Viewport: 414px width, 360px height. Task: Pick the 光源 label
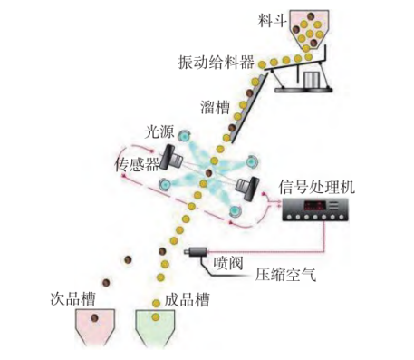click(159, 131)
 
